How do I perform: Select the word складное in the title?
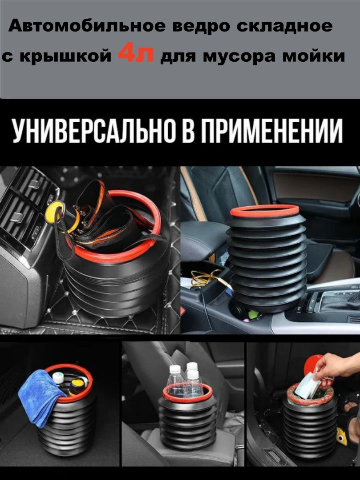tap(284, 27)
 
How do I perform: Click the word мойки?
tap(313, 56)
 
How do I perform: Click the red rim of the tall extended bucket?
tap(264, 211)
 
